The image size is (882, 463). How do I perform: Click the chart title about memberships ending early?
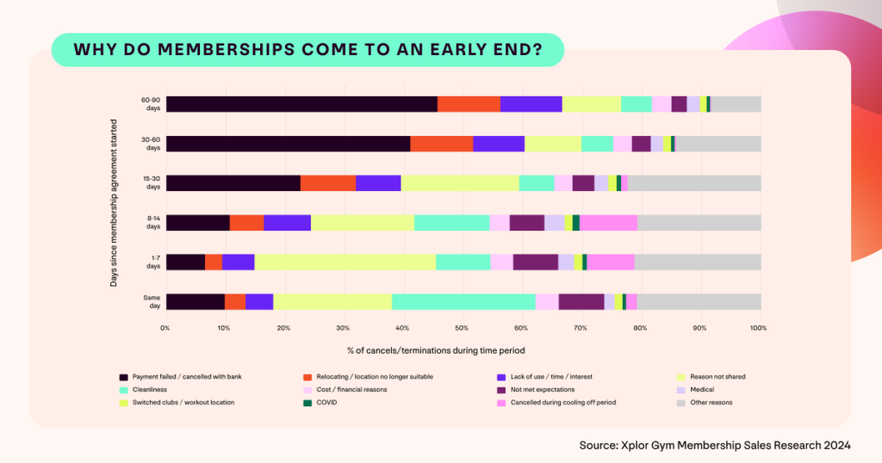point(307,50)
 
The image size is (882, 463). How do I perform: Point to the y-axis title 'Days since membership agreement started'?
point(114,202)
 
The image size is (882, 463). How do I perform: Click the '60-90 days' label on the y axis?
point(152,104)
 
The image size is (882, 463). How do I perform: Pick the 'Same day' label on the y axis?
point(152,301)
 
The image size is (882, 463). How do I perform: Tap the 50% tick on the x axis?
point(463,328)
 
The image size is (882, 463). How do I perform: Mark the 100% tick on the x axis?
point(759,328)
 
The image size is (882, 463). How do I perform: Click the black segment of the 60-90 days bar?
point(301,104)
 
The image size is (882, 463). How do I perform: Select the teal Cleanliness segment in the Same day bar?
point(463,301)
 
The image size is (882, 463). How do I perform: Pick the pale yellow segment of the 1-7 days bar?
point(345,262)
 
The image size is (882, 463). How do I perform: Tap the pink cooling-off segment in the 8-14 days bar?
point(608,223)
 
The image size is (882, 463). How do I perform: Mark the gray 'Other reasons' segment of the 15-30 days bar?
point(694,183)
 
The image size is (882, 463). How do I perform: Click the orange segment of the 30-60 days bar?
point(441,144)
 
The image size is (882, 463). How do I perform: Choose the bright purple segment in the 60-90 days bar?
point(531,104)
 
